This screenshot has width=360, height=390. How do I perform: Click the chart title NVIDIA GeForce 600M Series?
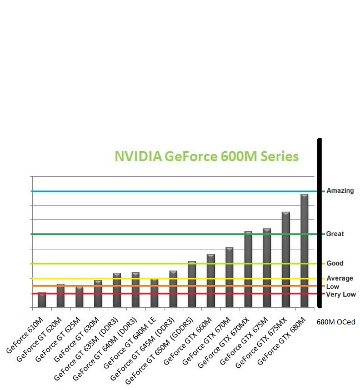coord(207,156)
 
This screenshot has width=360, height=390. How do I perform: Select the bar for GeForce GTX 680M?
coord(304,250)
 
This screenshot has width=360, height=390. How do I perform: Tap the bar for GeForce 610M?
coord(42,300)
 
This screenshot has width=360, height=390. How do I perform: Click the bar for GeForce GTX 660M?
coord(211,281)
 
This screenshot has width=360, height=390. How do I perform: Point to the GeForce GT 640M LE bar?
coord(154,293)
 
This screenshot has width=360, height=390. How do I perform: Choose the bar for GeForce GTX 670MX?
coord(248,269)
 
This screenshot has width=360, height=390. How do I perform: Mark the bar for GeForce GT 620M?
coord(61,296)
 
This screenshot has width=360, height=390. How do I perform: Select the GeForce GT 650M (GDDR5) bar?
coord(192,284)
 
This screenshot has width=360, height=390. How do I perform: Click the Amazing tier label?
coord(340,191)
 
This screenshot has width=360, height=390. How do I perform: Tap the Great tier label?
coord(335,234)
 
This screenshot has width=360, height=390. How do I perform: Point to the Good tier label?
coord(335,263)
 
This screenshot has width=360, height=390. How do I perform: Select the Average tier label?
coord(339,278)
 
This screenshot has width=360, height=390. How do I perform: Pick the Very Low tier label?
coord(341,294)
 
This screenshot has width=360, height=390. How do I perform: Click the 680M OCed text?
coord(336,322)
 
